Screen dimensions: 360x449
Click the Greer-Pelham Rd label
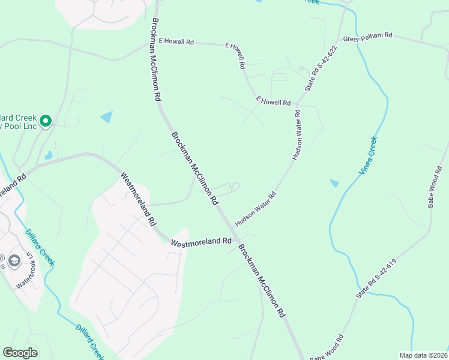(367, 37)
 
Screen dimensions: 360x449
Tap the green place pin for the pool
(46, 121)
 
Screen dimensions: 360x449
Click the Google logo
(20, 353)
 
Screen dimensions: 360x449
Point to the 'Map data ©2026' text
(423, 355)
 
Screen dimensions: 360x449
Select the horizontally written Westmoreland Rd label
(201, 242)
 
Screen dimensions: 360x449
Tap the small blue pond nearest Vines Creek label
(334, 183)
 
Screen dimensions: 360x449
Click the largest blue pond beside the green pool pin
(107, 117)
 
